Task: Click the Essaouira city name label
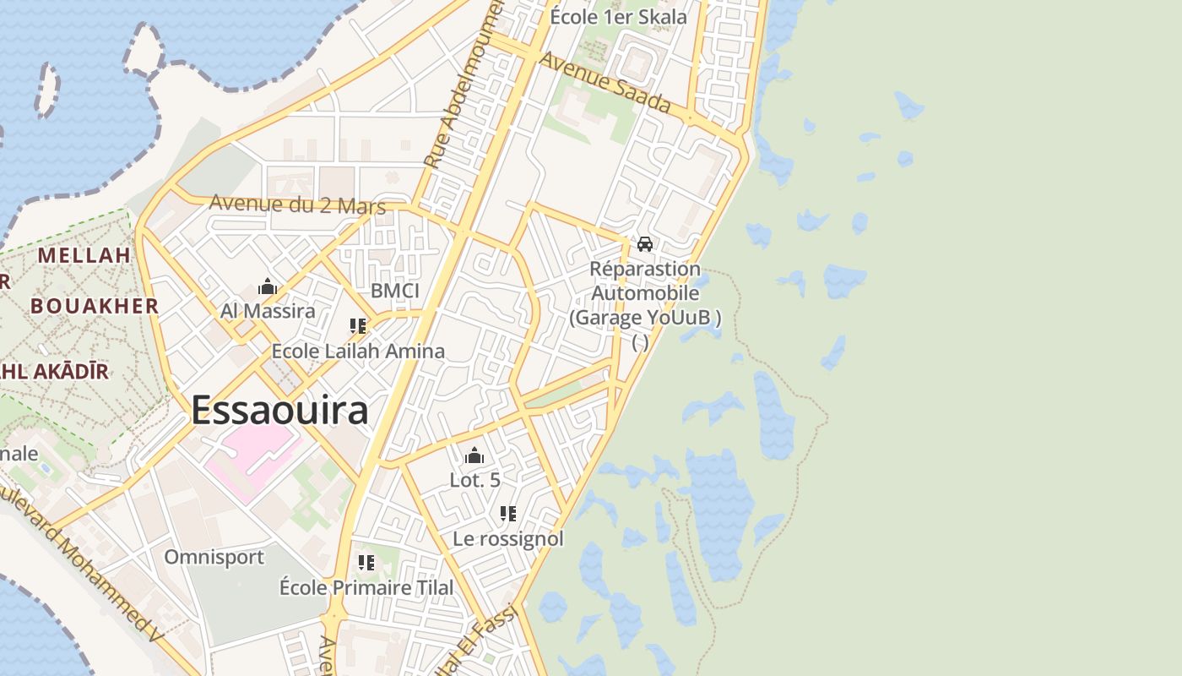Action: [x=279, y=411]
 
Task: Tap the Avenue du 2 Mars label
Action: [x=297, y=204]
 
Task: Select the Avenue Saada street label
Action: [x=605, y=83]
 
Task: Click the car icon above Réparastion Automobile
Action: [x=645, y=244]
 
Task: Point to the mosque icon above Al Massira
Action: [x=268, y=286]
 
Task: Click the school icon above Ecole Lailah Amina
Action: [x=358, y=326]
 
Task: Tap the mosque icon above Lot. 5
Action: [x=474, y=455]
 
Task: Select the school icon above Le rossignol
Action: [x=507, y=514]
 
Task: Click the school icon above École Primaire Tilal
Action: [x=366, y=562]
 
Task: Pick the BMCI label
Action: [x=395, y=291]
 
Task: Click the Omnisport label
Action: [x=214, y=557]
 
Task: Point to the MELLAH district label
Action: [x=84, y=254]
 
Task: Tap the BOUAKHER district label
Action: [x=95, y=306]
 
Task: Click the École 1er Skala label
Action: [x=618, y=16]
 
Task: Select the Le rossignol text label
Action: [x=508, y=538]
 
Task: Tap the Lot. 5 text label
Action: [x=474, y=480]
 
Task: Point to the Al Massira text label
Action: [x=268, y=311]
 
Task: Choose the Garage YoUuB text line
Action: [x=645, y=318]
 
